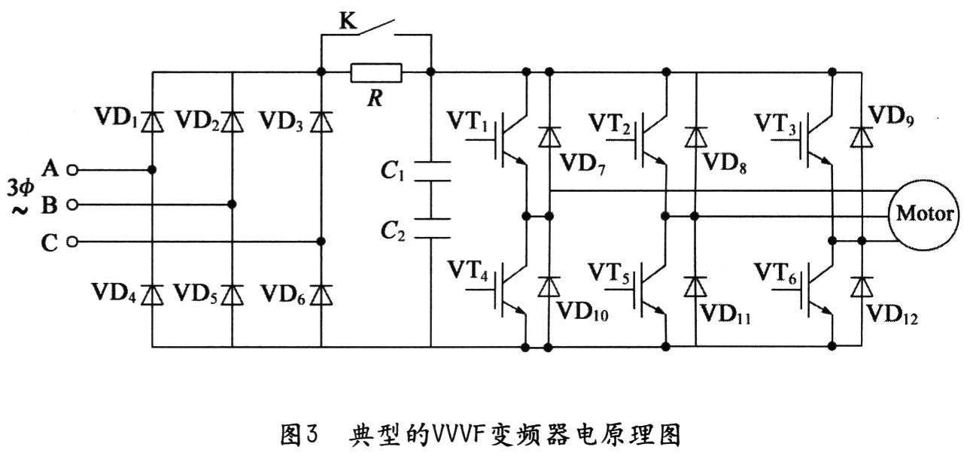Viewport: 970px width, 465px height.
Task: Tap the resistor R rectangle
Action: tap(376, 73)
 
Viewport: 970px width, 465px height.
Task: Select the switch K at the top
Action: tap(376, 29)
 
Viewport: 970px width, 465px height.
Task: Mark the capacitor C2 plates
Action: tap(431, 228)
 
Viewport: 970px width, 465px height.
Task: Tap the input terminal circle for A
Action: tap(72, 170)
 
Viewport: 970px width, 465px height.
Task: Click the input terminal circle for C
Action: tap(72, 242)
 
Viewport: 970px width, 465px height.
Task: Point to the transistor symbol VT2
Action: tap(650, 141)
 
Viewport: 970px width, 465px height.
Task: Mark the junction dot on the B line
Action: tap(232, 205)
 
